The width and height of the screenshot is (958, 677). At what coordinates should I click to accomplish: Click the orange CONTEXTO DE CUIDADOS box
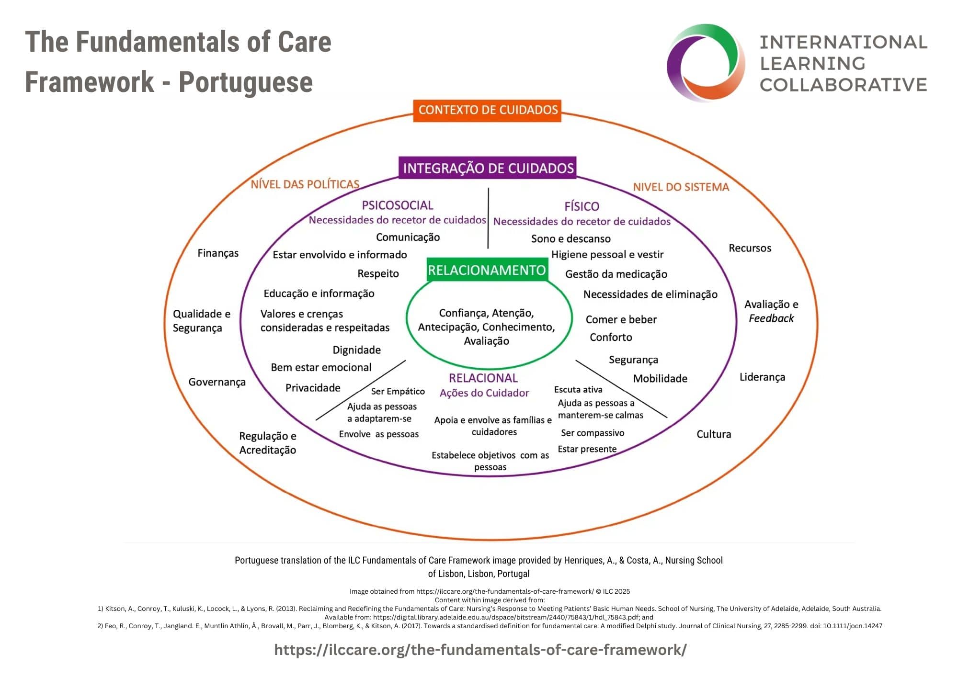[487, 110]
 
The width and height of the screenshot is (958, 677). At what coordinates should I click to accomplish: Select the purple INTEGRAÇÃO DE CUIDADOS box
[488, 168]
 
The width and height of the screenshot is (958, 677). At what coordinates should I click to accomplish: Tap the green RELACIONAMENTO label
[487, 271]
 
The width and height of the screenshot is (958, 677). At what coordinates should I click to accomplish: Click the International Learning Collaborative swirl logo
[706, 62]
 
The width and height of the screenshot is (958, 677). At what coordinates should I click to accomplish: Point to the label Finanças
[218, 253]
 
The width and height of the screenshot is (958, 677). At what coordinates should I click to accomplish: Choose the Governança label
[217, 382]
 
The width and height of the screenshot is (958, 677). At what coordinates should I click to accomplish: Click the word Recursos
[750, 248]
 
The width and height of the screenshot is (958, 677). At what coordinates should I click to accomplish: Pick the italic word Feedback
[771, 318]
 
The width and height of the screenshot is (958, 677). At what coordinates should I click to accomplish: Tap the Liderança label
[762, 377]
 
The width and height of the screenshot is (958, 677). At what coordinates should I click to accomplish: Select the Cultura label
[714, 434]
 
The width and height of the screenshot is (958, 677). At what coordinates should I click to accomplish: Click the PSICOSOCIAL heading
[397, 205]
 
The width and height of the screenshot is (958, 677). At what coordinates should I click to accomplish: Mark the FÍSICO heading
[582, 206]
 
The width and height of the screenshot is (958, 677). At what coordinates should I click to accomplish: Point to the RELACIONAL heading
[483, 378]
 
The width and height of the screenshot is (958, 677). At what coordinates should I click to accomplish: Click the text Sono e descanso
[570, 238]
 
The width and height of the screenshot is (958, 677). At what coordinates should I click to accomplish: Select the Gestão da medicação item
[616, 274]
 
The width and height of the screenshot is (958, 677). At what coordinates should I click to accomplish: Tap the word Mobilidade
[660, 379]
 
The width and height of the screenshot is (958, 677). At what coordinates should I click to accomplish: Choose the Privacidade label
[313, 388]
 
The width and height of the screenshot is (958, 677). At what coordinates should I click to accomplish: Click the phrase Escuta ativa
[578, 390]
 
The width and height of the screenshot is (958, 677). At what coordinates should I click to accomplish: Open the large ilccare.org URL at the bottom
[480, 650]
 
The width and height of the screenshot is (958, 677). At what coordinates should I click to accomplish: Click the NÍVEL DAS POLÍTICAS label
[305, 184]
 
